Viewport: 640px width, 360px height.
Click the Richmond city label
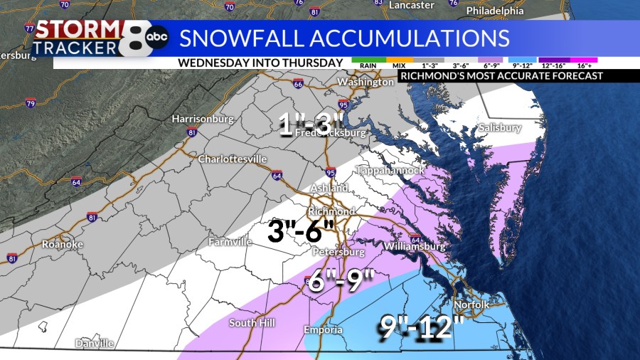tap(331, 212)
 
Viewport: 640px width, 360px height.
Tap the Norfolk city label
tap(472, 305)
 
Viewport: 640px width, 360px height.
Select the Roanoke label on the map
tap(63, 244)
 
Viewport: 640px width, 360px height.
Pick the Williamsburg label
tap(414, 247)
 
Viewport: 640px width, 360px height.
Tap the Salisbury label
tap(499, 128)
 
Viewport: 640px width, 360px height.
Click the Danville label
tap(95, 344)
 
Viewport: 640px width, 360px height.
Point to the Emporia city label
tap(323, 330)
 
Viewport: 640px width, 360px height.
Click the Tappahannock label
tap(390, 171)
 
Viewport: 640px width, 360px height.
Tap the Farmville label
tap(230, 243)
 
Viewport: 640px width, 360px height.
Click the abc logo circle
tap(157, 38)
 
